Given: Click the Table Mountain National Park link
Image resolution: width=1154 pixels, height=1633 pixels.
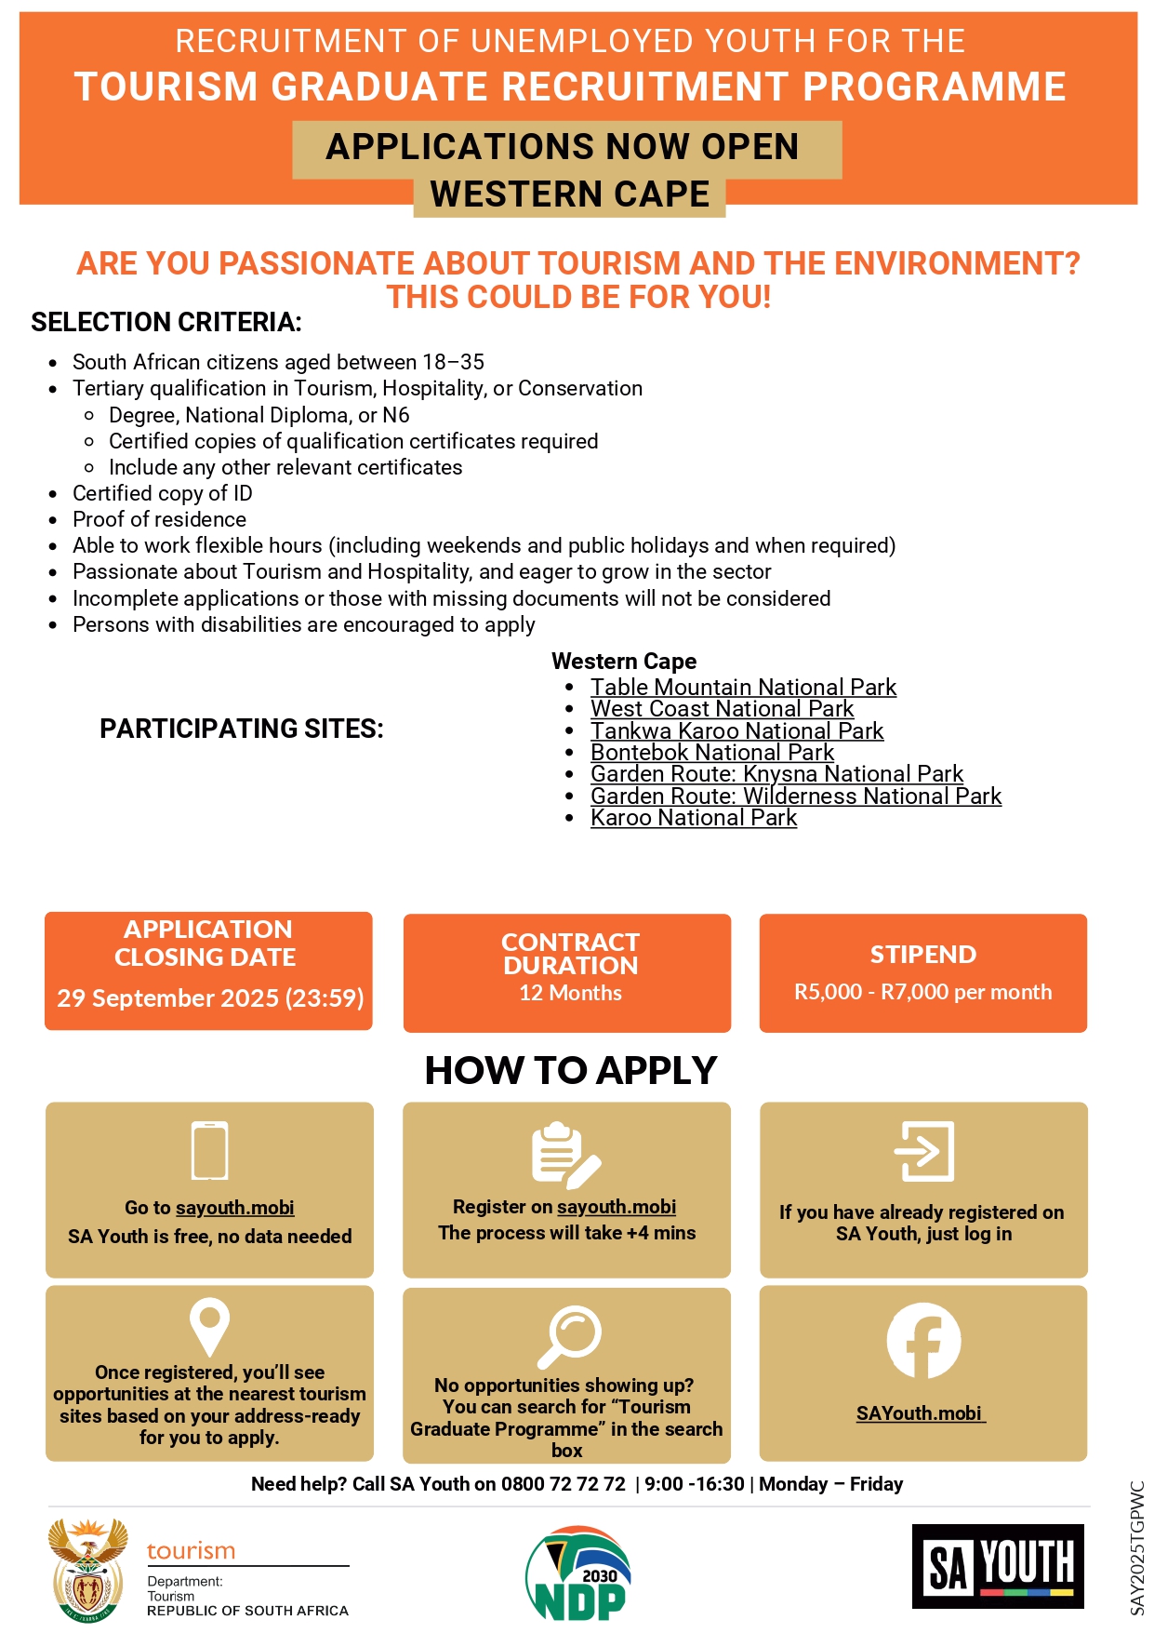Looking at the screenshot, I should [x=743, y=688].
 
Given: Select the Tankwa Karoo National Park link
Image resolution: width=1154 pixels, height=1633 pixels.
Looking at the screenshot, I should [x=736, y=731].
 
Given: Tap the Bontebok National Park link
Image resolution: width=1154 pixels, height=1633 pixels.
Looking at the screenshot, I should [x=712, y=753].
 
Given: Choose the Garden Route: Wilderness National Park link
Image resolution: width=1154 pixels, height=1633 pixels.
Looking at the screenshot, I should [x=796, y=796].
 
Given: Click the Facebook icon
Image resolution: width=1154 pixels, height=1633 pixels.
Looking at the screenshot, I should [x=923, y=1341].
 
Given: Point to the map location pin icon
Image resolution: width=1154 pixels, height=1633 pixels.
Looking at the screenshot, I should [x=209, y=1326].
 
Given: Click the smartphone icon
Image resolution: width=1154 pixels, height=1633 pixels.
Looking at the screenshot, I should [x=209, y=1151].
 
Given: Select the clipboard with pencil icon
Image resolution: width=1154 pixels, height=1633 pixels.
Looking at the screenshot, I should [x=565, y=1155].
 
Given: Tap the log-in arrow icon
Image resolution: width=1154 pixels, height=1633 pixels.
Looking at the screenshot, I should [x=923, y=1151].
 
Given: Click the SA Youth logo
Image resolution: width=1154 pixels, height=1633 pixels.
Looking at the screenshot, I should [x=998, y=1566].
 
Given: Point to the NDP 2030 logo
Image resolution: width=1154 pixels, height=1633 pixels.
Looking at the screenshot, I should [x=578, y=1573].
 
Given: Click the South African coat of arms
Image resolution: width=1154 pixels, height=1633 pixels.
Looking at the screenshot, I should [x=88, y=1570].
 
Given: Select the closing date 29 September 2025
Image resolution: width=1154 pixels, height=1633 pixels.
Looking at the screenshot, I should [x=210, y=998].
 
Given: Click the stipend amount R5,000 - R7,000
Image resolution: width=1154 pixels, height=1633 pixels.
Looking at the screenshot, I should [x=922, y=992].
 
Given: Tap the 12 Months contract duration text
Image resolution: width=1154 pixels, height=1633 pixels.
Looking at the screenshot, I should [x=570, y=993].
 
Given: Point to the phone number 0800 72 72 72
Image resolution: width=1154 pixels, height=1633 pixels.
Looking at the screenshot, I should [x=564, y=1484].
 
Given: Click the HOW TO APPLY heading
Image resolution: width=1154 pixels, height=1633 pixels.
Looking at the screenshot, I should [x=570, y=1071].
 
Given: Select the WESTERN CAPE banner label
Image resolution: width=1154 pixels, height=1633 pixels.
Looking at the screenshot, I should [x=569, y=194].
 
